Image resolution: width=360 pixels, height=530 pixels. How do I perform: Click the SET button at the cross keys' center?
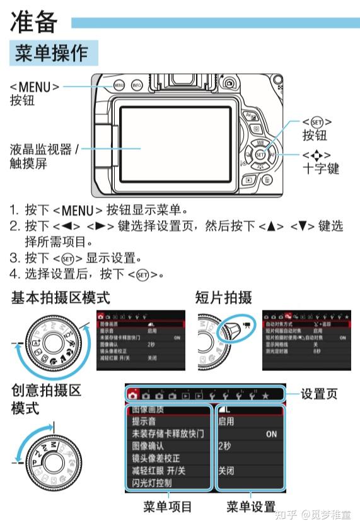point(260,153)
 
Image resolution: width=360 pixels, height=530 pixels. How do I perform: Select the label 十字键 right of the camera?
point(320,168)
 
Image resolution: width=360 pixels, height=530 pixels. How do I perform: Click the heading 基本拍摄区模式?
point(61,297)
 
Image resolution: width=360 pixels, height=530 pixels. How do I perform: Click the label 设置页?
point(319,394)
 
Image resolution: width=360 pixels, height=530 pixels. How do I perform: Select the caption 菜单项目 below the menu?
point(167,506)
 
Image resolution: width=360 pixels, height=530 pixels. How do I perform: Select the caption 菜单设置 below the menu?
point(250,506)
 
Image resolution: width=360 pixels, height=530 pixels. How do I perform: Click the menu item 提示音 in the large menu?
point(144,421)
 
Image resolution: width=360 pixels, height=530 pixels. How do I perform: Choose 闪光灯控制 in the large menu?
point(151,483)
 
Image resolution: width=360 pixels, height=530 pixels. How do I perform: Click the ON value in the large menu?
point(271,434)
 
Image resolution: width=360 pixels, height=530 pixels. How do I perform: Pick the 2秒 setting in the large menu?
point(225,446)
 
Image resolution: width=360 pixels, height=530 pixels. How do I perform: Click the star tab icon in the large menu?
point(265,396)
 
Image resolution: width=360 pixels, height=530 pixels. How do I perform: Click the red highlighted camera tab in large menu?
point(133,396)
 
